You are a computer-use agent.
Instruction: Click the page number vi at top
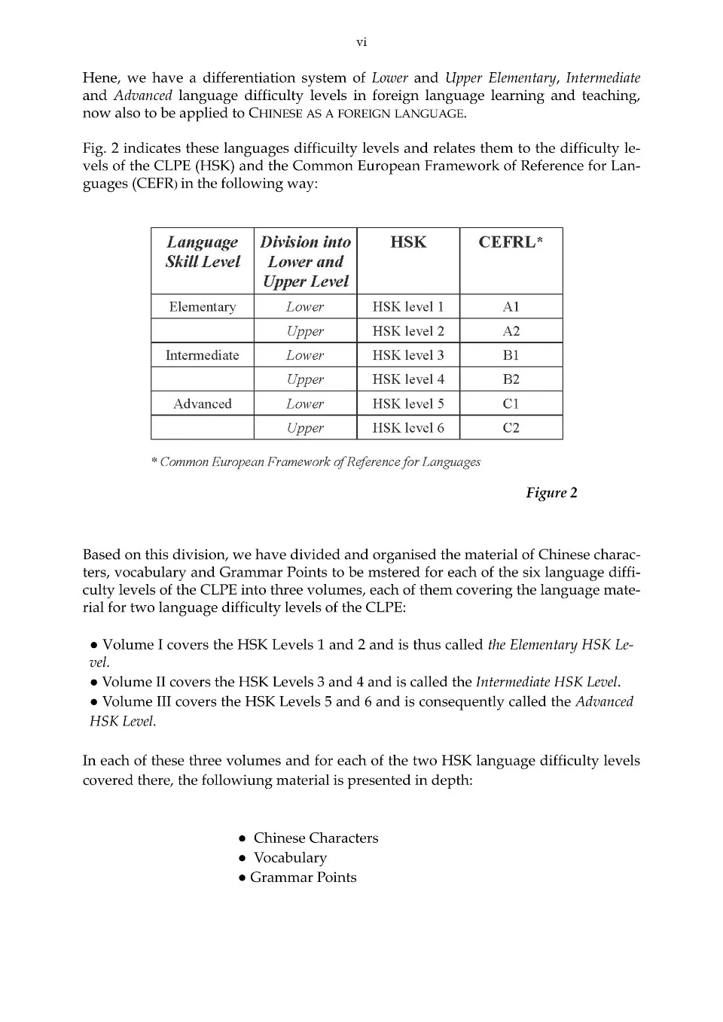[x=361, y=43]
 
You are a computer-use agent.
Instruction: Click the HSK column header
[x=408, y=242]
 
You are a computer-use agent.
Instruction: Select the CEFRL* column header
[x=511, y=242]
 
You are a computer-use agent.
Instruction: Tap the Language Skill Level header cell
[x=203, y=252]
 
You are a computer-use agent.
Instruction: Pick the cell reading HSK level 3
[x=408, y=355]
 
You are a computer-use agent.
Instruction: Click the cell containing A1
[x=511, y=307]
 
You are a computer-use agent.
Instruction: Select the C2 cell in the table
[x=511, y=428]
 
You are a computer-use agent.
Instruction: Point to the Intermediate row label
[x=203, y=355]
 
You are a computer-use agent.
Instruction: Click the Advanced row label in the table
[x=203, y=404]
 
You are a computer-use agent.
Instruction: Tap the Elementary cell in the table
[x=203, y=307]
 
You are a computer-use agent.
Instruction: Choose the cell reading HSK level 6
[x=408, y=428]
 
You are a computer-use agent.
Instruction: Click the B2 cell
[x=511, y=379]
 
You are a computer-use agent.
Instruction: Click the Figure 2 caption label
[x=551, y=493]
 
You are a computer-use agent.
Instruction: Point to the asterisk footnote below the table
[x=316, y=462]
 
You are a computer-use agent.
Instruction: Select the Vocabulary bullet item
[x=290, y=858]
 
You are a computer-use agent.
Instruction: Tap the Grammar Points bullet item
[x=303, y=878]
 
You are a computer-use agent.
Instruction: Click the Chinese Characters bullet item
[x=316, y=838]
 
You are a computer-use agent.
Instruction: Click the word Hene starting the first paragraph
[x=100, y=78]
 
